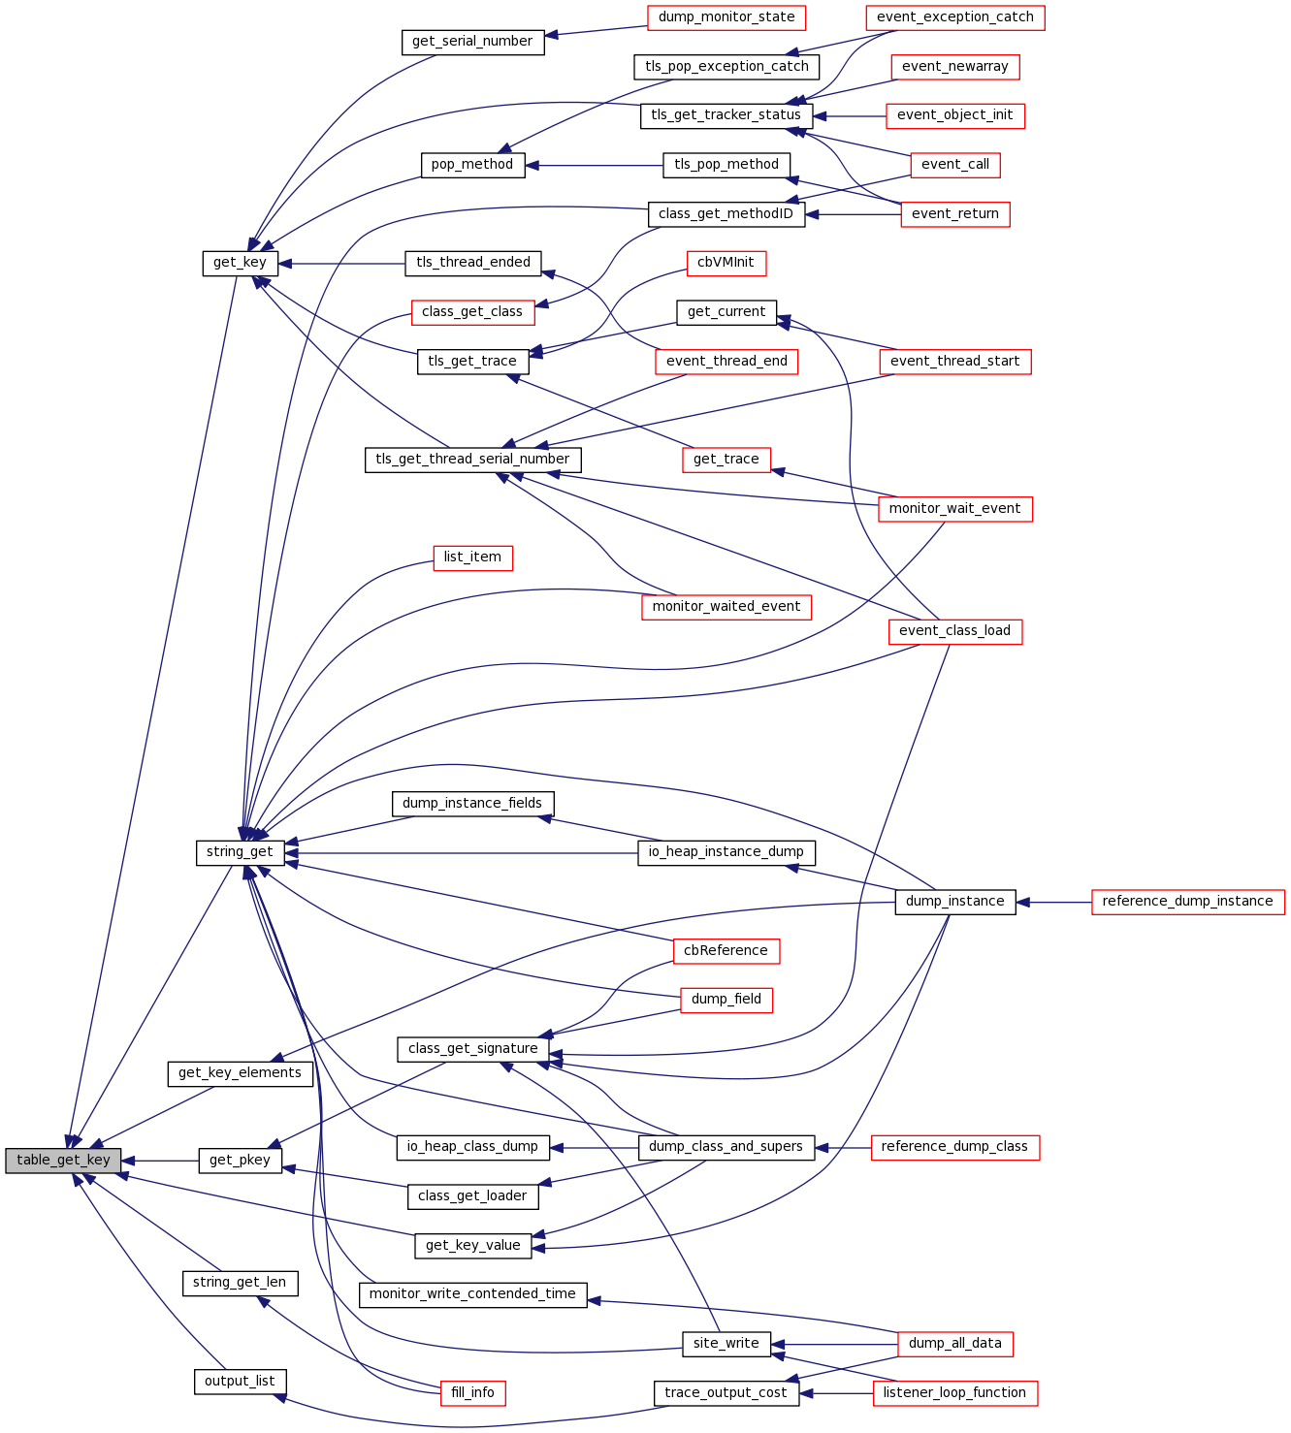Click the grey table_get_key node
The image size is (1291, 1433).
63,1161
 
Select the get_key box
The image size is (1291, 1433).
240,263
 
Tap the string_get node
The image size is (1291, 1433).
240,852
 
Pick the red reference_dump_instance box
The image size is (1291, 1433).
1187,902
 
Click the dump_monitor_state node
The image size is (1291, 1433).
726,17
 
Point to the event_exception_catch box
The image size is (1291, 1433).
954,17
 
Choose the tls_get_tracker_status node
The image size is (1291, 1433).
726,115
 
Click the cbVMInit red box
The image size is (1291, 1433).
726,263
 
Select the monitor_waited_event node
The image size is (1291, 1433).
726,607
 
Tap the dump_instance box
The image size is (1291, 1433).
954,902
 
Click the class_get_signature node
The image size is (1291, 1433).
472,1049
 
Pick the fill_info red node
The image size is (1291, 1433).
472,1393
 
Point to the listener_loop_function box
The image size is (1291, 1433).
954,1393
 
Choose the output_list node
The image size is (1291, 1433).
240,1382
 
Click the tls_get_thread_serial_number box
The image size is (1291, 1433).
472,460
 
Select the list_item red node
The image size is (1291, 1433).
472,557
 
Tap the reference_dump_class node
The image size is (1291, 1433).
954,1147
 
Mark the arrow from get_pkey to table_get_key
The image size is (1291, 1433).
160,1161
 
